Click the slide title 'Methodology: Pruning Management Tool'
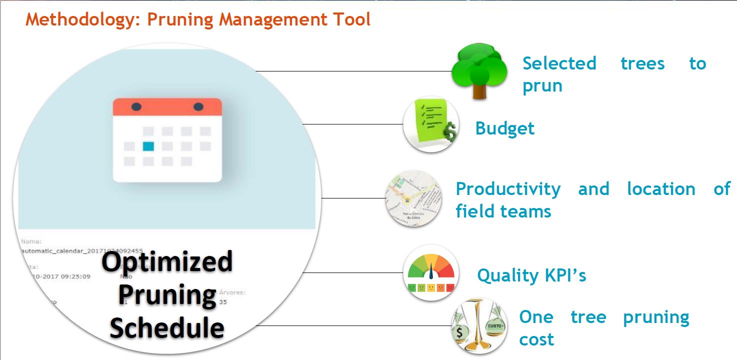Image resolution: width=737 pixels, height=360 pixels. point(198,20)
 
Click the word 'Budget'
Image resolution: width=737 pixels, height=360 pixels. point(504,128)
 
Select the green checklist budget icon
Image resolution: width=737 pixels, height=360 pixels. point(430,124)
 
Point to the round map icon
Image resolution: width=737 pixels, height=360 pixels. point(413,198)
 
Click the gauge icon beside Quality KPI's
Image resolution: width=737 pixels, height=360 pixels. point(430,273)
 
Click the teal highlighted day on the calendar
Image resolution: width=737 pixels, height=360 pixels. point(148,146)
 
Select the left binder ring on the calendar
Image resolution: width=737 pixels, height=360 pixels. point(136,106)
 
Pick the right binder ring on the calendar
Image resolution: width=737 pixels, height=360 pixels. point(198,106)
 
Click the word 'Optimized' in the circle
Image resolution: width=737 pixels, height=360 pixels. point(167,262)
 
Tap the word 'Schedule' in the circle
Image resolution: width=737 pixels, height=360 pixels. point(167,327)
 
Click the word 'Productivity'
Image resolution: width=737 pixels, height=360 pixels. point(508,189)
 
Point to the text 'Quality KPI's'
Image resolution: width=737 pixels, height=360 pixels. point(531,275)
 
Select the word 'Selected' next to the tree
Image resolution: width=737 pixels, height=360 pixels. point(559,63)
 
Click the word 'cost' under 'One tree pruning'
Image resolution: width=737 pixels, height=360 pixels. point(536,339)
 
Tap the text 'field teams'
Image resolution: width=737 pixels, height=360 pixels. point(503,211)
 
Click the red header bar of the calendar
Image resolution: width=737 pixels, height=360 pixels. point(167,107)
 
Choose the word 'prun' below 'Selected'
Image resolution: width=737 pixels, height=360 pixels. point(542,86)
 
